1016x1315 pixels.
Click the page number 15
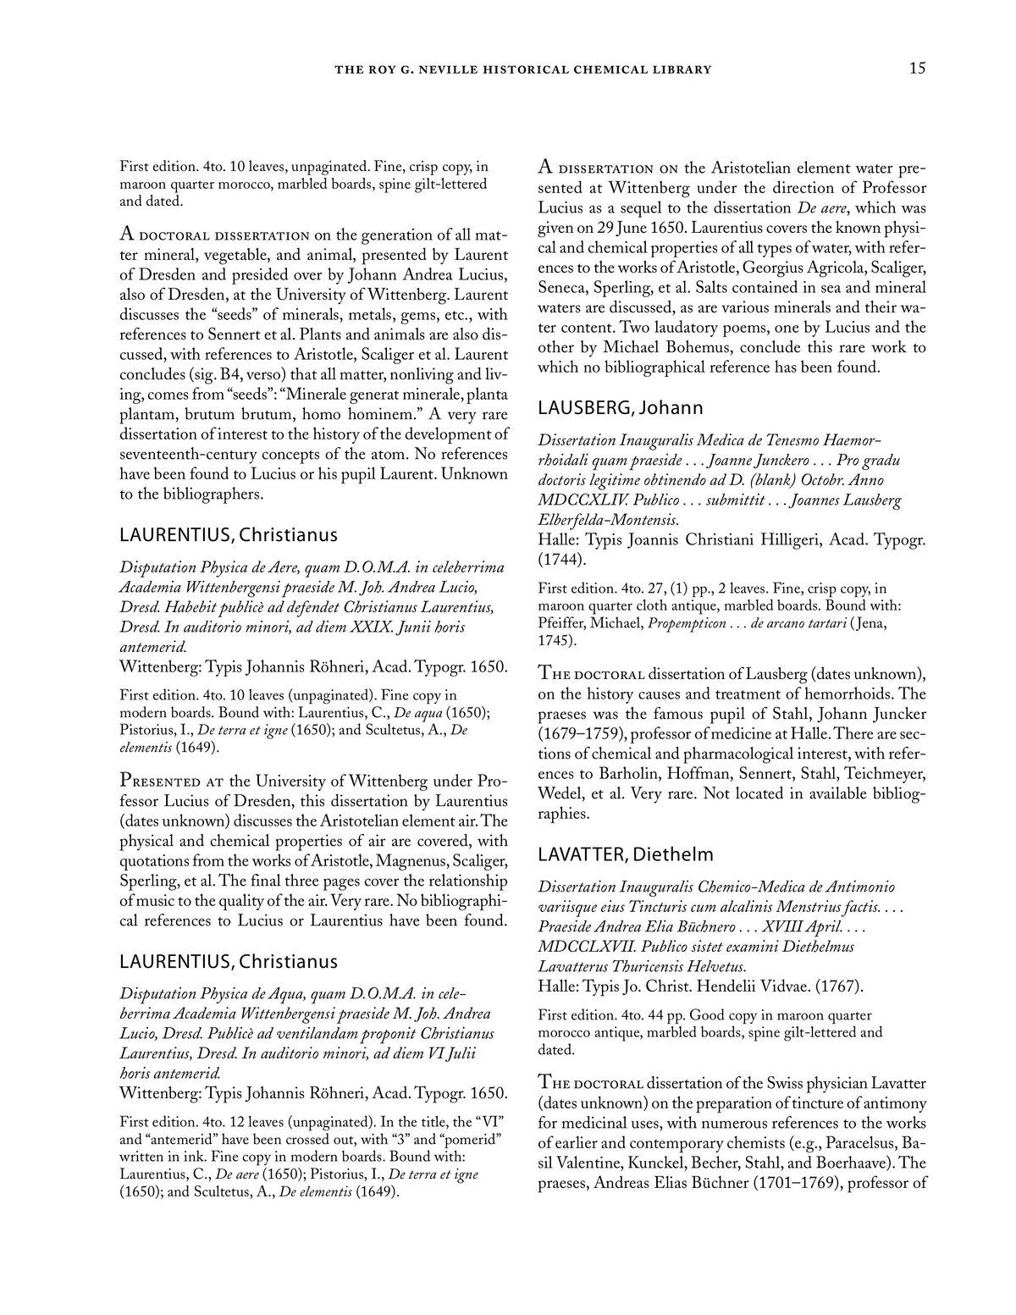[x=917, y=69]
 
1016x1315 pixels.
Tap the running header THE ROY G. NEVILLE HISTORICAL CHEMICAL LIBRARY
[x=523, y=69]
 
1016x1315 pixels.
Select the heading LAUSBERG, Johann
[x=621, y=408]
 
